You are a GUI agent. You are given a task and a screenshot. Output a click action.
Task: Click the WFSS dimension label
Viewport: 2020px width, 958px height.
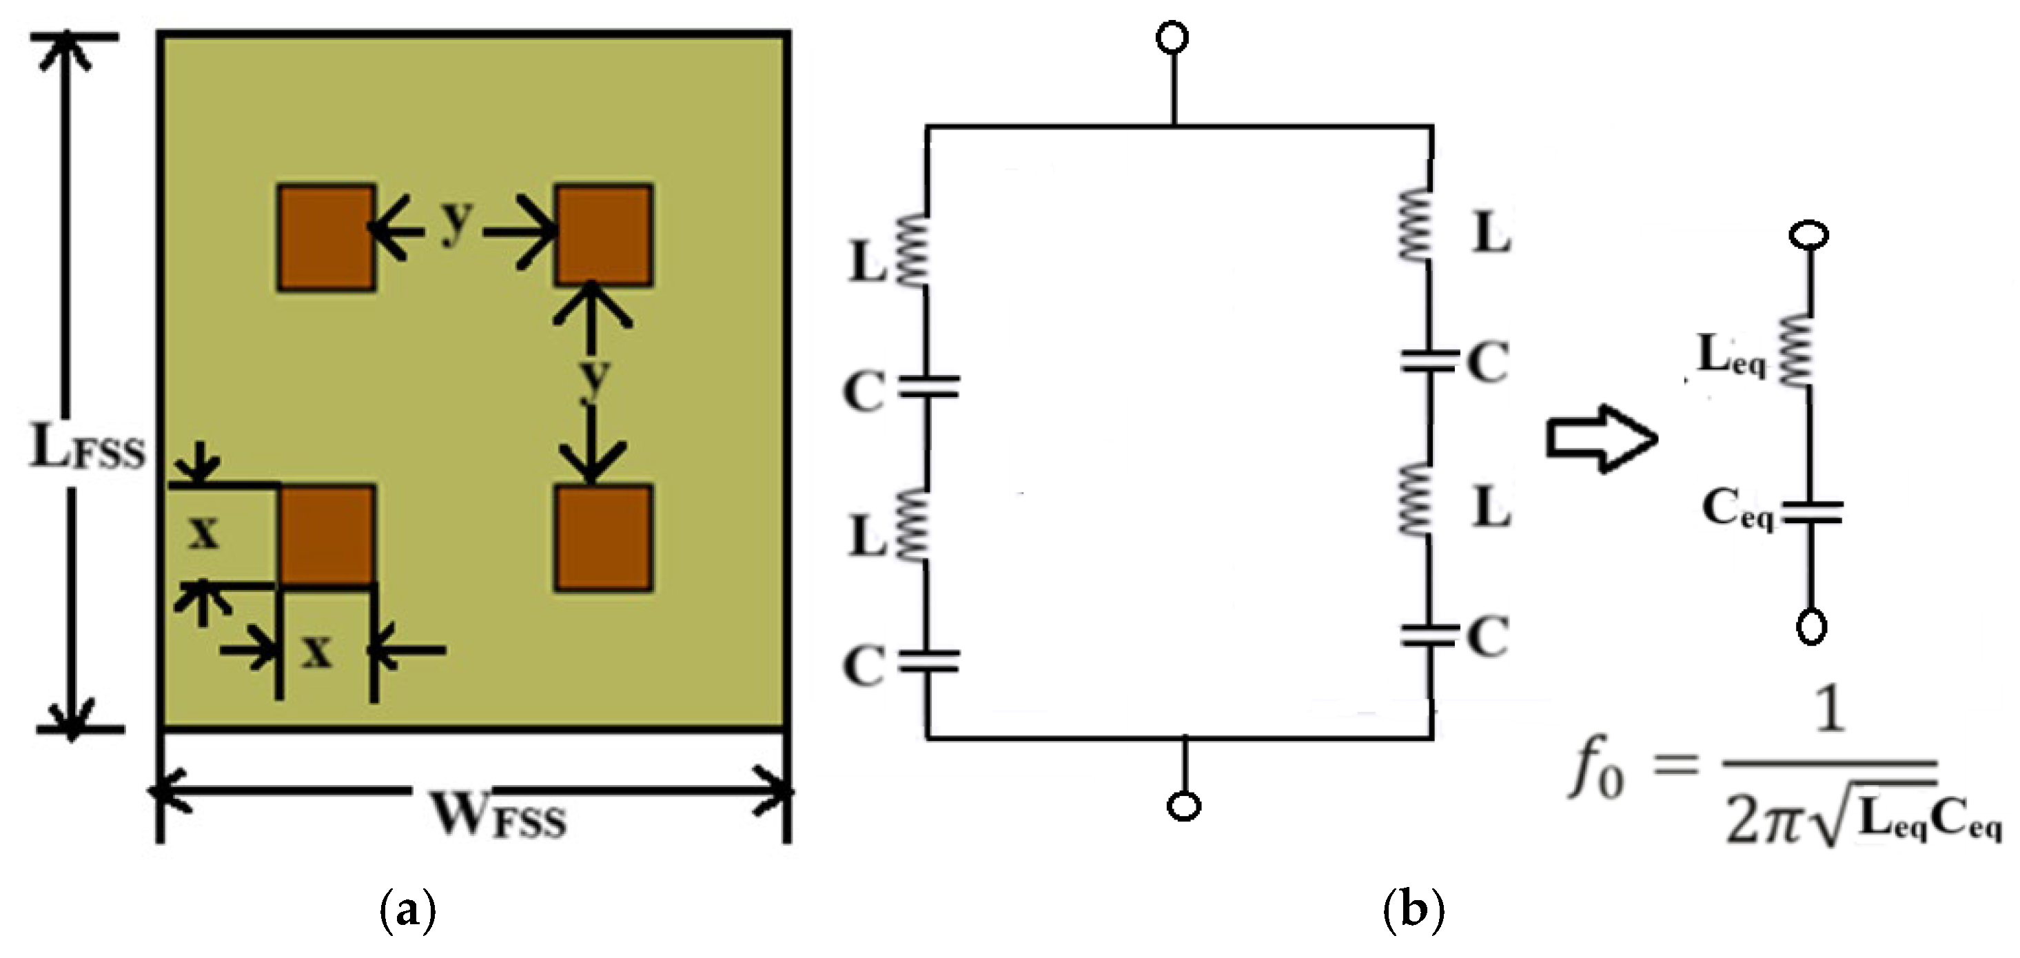click(500, 819)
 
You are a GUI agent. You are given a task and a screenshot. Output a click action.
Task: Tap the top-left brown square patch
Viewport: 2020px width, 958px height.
click(326, 238)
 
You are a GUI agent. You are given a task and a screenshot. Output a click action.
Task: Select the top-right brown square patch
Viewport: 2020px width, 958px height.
click(603, 234)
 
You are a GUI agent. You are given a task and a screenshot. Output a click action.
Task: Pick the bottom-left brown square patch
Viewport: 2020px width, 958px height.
click(326, 536)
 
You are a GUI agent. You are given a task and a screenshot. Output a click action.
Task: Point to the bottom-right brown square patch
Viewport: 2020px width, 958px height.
click(603, 538)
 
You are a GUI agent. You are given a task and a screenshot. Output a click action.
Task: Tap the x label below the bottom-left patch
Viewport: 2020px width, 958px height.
click(317, 651)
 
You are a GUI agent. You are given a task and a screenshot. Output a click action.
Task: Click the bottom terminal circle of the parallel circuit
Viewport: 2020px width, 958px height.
click(1184, 806)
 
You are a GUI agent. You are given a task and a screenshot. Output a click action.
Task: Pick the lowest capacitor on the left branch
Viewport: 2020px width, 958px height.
click(928, 661)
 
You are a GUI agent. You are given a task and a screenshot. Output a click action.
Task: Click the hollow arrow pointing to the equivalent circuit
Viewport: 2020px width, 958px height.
click(1600, 438)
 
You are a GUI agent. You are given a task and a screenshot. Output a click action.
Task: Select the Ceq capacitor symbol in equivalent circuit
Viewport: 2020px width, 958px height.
click(1811, 513)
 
